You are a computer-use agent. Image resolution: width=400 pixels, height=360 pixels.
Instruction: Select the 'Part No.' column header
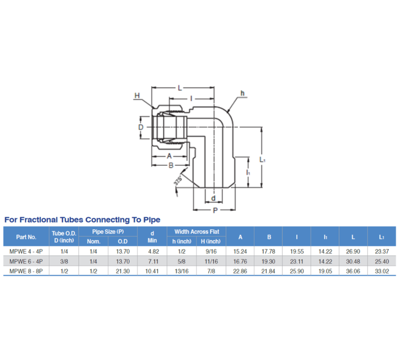(26, 237)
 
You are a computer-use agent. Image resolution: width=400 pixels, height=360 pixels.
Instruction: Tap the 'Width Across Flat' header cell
(196, 231)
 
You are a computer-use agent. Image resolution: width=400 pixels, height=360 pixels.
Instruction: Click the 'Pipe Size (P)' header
(108, 231)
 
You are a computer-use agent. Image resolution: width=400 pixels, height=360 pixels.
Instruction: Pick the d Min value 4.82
(152, 251)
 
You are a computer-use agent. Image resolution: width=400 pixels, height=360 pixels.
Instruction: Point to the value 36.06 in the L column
(353, 271)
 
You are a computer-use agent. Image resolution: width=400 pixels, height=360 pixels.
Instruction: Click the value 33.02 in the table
(381, 271)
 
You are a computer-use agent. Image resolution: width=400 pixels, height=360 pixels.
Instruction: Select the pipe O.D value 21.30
(122, 271)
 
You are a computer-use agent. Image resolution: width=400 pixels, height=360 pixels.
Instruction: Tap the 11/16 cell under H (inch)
(211, 261)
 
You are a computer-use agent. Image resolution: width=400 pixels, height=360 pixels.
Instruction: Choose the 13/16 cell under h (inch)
(181, 271)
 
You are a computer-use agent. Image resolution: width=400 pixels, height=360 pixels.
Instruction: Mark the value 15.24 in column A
(240, 251)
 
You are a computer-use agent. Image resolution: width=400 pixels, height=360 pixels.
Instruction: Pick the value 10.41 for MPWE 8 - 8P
(152, 271)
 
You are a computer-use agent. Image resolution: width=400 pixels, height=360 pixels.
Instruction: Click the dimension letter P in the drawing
(215, 210)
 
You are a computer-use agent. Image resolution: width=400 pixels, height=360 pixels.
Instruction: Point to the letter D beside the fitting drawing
(140, 127)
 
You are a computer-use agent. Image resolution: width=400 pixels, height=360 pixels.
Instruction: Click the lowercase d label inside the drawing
(213, 198)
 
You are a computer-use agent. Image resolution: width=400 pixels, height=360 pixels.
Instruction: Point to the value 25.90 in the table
(296, 271)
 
